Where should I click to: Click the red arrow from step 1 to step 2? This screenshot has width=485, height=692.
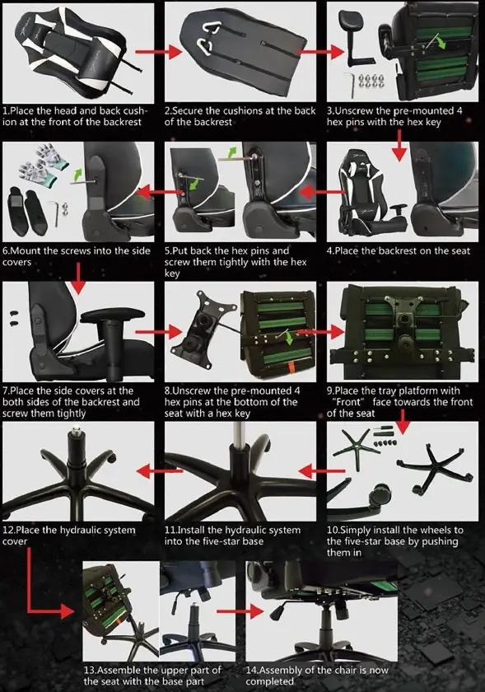click(158, 52)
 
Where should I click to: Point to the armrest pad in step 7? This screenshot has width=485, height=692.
click(113, 315)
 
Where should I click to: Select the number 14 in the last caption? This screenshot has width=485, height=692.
click(250, 670)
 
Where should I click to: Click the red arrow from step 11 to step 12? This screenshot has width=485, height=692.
click(159, 471)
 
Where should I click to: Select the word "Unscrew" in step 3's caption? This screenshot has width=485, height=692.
click(354, 110)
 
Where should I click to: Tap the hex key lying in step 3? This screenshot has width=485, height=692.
click(351, 85)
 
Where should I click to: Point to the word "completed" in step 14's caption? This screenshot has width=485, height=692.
click(269, 681)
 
